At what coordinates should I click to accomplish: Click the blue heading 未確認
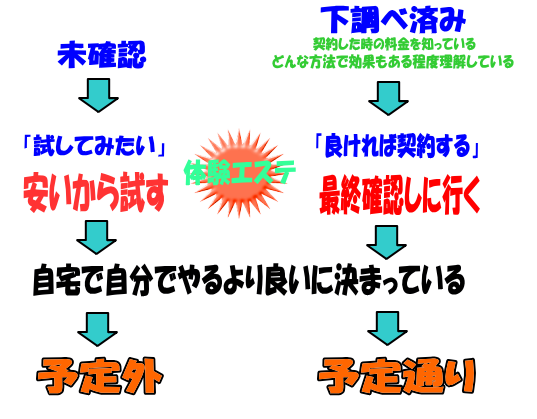(x=102, y=54)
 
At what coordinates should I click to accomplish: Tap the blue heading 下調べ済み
(x=393, y=20)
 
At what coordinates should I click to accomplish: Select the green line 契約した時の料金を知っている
(x=394, y=44)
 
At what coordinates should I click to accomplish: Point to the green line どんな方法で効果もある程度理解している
(x=393, y=62)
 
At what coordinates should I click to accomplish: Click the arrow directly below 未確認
(x=99, y=95)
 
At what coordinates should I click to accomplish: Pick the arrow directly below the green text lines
(x=388, y=98)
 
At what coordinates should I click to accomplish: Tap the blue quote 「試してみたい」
(x=94, y=146)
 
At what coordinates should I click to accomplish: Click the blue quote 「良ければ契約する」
(x=397, y=147)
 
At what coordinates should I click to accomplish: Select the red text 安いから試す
(x=96, y=193)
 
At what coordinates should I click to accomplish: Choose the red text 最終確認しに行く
(x=399, y=194)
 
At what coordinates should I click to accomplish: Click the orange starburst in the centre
(x=239, y=173)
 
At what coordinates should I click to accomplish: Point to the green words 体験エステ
(x=240, y=172)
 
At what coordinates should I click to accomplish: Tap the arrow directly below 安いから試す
(x=97, y=237)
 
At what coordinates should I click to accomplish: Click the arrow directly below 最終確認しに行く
(x=387, y=242)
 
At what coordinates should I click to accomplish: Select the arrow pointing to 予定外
(x=98, y=329)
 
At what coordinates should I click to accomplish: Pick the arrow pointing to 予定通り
(x=387, y=328)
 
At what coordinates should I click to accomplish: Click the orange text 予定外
(x=100, y=376)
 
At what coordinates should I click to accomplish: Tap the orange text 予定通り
(x=397, y=376)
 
